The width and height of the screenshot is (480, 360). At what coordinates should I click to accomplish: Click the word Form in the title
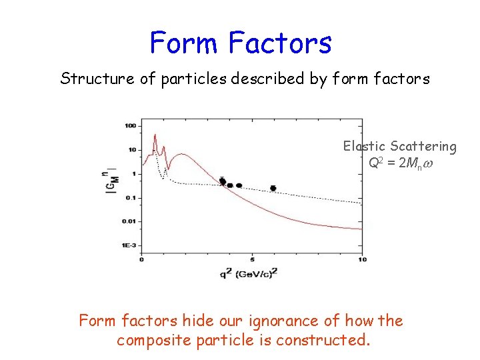coord(185,43)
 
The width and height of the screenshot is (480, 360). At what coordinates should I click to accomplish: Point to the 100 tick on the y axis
coord(130,125)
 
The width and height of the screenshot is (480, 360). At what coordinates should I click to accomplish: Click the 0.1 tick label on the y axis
coord(130,197)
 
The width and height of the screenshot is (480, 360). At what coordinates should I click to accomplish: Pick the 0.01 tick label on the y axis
coord(129,221)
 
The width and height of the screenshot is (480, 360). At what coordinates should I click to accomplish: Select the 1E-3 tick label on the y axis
coord(129,245)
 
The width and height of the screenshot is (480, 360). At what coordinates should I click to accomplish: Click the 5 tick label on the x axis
coord(251,259)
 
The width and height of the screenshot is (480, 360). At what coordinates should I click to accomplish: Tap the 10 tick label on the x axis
coord(362,259)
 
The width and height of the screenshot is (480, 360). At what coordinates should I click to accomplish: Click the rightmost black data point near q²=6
coord(273,189)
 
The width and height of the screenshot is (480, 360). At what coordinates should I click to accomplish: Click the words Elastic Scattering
coord(399,146)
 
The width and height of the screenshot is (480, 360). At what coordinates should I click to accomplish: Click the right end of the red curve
coord(361,229)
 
